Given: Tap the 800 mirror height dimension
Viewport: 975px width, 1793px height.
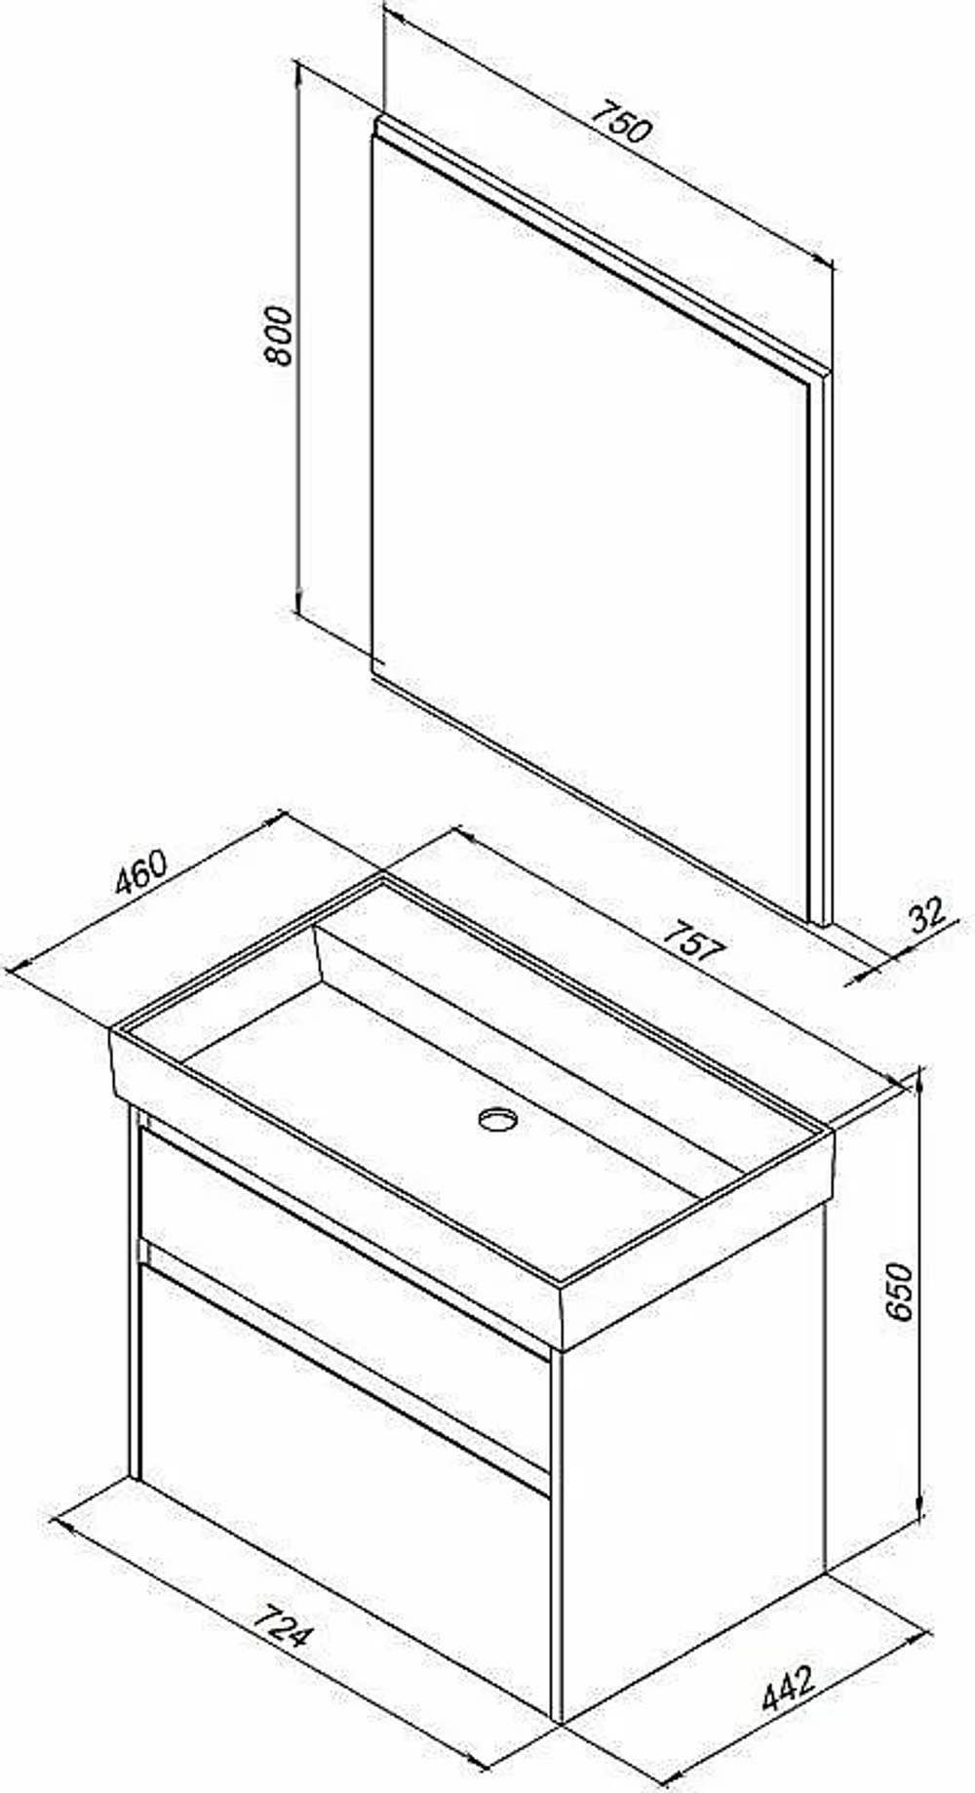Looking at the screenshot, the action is coord(280,336).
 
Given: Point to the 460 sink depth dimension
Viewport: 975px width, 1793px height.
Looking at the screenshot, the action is coord(142,873).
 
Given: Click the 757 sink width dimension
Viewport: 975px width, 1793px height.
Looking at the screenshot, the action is coord(694,945).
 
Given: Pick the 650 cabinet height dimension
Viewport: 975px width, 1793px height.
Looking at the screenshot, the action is coord(898,1292).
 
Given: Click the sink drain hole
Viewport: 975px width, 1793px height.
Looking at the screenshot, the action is coord(498,1118).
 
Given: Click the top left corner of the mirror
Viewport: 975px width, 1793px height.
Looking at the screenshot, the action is coord(378,117).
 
